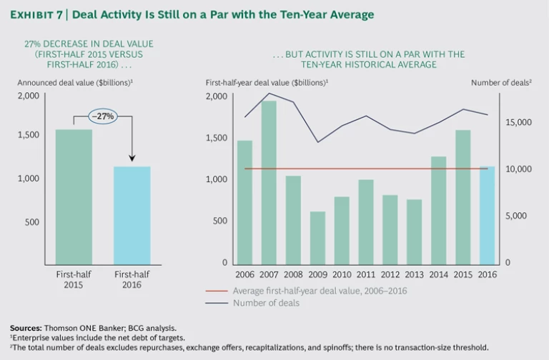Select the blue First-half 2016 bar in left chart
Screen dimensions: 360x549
click(132, 214)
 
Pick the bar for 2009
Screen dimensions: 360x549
click(317, 236)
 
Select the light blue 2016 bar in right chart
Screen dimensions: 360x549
click(488, 214)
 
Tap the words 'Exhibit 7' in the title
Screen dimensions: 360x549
click(39, 14)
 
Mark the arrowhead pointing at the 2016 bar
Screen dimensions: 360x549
click(132, 159)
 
